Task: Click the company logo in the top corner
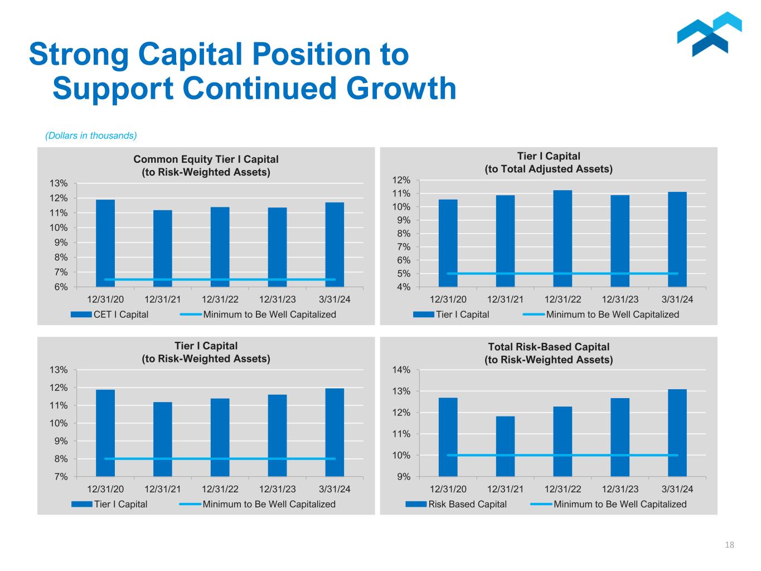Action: pos(709,35)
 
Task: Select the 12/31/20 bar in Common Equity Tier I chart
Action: pos(105,243)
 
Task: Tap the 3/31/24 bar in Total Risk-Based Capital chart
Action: pos(677,433)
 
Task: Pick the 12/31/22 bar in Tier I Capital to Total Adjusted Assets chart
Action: pos(563,239)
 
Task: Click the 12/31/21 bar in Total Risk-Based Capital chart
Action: pos(505,446)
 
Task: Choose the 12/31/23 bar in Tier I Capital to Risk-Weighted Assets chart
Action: pos(277,435)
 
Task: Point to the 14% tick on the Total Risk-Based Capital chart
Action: pos(402,370)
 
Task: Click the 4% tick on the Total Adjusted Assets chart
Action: pos(403,287)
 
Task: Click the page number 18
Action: pos(729,545)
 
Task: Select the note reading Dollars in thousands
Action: pos(91,136)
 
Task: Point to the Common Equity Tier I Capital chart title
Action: pos(206,166)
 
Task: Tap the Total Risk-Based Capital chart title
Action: pos(549,353)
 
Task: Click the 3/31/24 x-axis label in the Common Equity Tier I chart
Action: pos(335,299)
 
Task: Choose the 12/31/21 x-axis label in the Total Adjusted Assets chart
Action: pos(505,299)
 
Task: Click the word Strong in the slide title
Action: pos(78,54)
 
